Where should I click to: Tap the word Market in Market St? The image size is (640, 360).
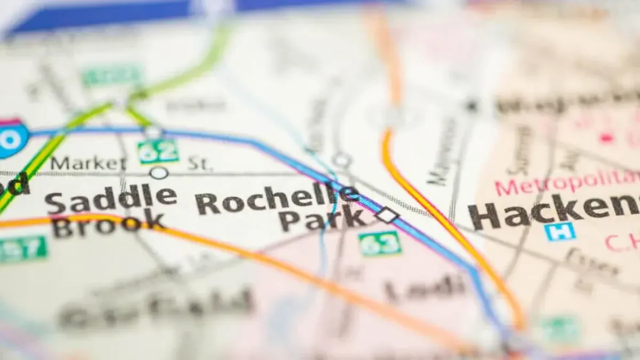click(x=88, y=163)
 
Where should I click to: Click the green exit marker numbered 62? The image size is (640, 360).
click(x=157, y=151)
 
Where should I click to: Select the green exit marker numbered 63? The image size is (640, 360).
click(x=380, y=243)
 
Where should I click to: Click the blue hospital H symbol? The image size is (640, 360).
click(x=559, y=231)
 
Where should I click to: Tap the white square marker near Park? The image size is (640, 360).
click(x=387, y=215)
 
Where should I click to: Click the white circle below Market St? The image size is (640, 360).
click(x=158, y=173)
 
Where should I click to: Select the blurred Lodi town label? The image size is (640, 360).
click(x=425, y=288)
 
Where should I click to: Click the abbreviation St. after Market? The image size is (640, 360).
click(x=199, y=163)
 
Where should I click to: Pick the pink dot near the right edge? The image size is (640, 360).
click(x=606, y=138)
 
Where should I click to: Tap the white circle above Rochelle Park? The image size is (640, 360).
click(x=341, y=159)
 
